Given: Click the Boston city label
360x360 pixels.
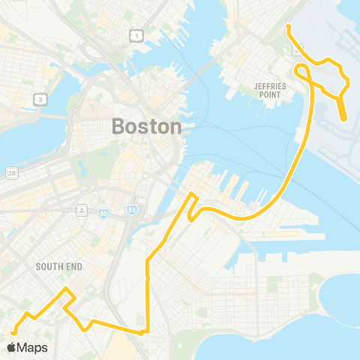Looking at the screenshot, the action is [x=147, y=126].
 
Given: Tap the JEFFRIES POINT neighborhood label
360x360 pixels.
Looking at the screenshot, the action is [x=271, y=91].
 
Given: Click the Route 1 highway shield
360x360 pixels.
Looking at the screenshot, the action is [x=136, y=35].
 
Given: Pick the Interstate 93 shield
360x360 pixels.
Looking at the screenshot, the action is [x=131, y=211].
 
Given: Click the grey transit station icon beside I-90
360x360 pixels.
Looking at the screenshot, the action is [x=80, y=208].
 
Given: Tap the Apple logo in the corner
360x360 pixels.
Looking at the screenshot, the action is [x=11, y=347].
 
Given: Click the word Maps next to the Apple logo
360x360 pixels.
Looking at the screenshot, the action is [x=32, y=347].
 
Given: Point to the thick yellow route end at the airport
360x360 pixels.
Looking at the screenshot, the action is [x=343, y=117].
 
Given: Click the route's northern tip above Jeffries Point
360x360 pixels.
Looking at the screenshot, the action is [x=288, y=28].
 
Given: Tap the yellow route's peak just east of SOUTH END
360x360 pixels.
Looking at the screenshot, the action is [x=67, y=289].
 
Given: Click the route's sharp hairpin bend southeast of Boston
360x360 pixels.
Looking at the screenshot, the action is [x=192, y=218].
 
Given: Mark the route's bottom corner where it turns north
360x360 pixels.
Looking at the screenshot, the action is [x=148, y=330].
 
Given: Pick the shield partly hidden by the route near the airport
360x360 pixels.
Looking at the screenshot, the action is [x=297, y=51].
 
